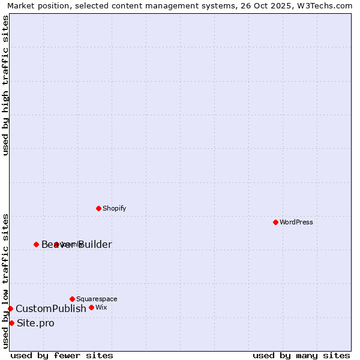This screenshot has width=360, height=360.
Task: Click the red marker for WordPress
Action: pyautogui.click(x=275, y=222)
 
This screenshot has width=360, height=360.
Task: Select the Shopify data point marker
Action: pyautogui.click(x=98, y=208)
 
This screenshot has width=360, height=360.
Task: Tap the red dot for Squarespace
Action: pyautogui.click(x=72, y=299)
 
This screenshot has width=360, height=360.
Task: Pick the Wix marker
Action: pyautogui.click(x=91, y=307)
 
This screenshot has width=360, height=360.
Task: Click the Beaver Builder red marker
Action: pyautogui.click(x=36, y=244)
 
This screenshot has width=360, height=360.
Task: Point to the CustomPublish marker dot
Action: pyautogui.click(x=10, y=308)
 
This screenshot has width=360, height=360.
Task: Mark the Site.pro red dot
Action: pyautogui.click(x=11, y=323)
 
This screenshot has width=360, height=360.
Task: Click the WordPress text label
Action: pyautogui.click(x=296, y=222)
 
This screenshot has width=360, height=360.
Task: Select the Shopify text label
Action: pyautogui.click(x=114, y=208)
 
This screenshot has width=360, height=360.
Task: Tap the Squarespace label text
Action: pyautogui.click(x=97, y=299)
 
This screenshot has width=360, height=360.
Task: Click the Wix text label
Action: pyautogui.click(x=101, y=307)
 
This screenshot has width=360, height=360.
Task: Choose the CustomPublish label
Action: pyautogui.click(x=51, y=308)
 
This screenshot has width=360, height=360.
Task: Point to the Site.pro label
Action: pyautogui.click(x=35, y=323)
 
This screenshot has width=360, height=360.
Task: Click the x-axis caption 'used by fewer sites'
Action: pyautogui.click(x=62, y=355)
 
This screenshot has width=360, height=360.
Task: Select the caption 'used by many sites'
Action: pyautogui.click(x=301, y=355)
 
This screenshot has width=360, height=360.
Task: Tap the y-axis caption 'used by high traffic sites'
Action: pyautogui.click(x=6, y=85)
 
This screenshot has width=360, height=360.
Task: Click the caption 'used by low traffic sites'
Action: pyautogui.click(x=6, y=281)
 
